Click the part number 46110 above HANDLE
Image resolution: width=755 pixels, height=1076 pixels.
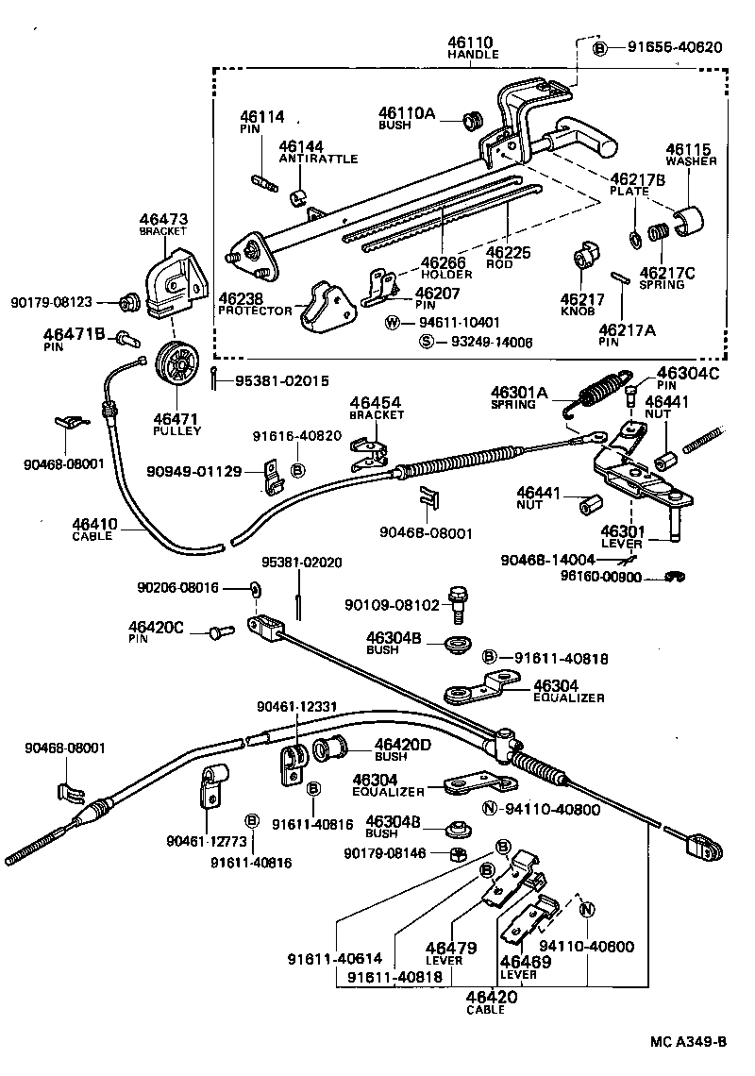[472, 43]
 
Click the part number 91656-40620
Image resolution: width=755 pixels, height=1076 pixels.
[669, 47]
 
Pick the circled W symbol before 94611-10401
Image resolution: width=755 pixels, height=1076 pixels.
[394, 322]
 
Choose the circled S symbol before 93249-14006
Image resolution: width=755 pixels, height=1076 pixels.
[427, 342]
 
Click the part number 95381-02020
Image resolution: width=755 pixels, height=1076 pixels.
[301, 563]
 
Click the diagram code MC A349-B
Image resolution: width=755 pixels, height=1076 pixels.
[688, 1042]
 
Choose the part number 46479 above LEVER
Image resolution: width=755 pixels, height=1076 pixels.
[450, 948]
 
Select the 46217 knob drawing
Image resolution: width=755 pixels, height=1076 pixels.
[585, 256]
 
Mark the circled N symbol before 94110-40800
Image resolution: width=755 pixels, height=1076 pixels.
[489, 808]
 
